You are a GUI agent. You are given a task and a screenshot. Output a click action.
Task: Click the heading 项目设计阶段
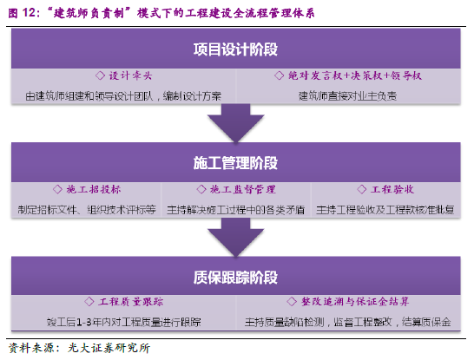(235, 49)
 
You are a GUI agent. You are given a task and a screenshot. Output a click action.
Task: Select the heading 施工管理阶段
(235, 163)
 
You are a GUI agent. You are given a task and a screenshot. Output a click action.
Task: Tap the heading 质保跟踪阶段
(235, 277)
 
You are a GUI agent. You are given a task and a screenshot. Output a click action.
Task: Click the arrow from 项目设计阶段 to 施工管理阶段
(236, 122)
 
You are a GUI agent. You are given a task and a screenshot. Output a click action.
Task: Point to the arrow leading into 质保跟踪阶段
(236, 237)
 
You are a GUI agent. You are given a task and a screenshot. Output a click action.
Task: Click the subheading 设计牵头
(130, 75)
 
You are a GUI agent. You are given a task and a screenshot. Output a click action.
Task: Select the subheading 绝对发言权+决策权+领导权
(355, 75)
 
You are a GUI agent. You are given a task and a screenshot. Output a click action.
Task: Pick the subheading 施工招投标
(94, 189)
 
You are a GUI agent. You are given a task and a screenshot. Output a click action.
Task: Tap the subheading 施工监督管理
(243, 189)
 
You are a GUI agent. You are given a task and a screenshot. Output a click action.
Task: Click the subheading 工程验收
(392, 189)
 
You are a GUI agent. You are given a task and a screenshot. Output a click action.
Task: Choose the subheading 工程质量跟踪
(131, 301)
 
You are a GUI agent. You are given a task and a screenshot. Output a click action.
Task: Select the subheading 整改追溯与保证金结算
(355, 301)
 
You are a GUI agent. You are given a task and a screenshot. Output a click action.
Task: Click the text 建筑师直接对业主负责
(347, 96)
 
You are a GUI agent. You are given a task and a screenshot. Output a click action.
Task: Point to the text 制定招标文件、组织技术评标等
(87, 210)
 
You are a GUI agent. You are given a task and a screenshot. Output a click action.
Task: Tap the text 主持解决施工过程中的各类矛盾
(236, 210)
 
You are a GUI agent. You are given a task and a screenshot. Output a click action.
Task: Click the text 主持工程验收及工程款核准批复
(385, 210)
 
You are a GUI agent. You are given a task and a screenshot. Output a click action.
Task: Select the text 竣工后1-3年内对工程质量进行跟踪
(124, 322)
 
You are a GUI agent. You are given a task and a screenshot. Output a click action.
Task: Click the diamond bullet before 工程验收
(361, 189)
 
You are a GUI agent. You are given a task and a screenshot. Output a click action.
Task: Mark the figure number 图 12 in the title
(22, 13)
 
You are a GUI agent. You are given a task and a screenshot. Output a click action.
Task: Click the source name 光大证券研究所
(109, 348)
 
